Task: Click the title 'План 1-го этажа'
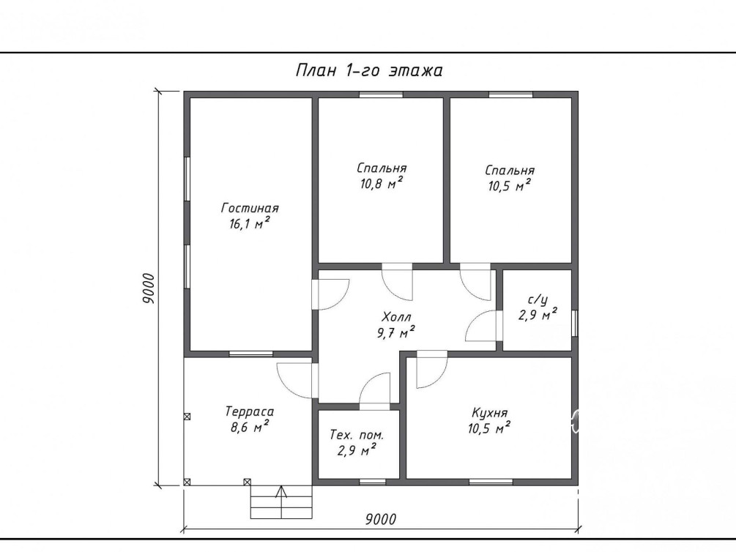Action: (x=369, y=70)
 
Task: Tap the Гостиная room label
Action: (x=250, y=208)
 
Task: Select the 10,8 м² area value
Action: (x=381, y=184)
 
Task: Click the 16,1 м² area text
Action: (x=249, y=223)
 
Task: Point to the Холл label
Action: (x=397, y=316)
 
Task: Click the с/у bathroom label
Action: (x=538, y=299)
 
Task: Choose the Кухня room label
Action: (x=490, y=413)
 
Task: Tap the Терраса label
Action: (x=250, y=411)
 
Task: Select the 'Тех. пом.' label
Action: (x=357, y=435)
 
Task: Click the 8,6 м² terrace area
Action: (x=250, y=427)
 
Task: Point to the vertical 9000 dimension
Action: (x=149, y=288)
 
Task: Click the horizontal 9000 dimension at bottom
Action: (x=381, y=519)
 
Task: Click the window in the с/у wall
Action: (x=575, y=323)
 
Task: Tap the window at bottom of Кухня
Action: (x=491, y=482)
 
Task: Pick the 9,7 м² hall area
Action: (x=395, y=333)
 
